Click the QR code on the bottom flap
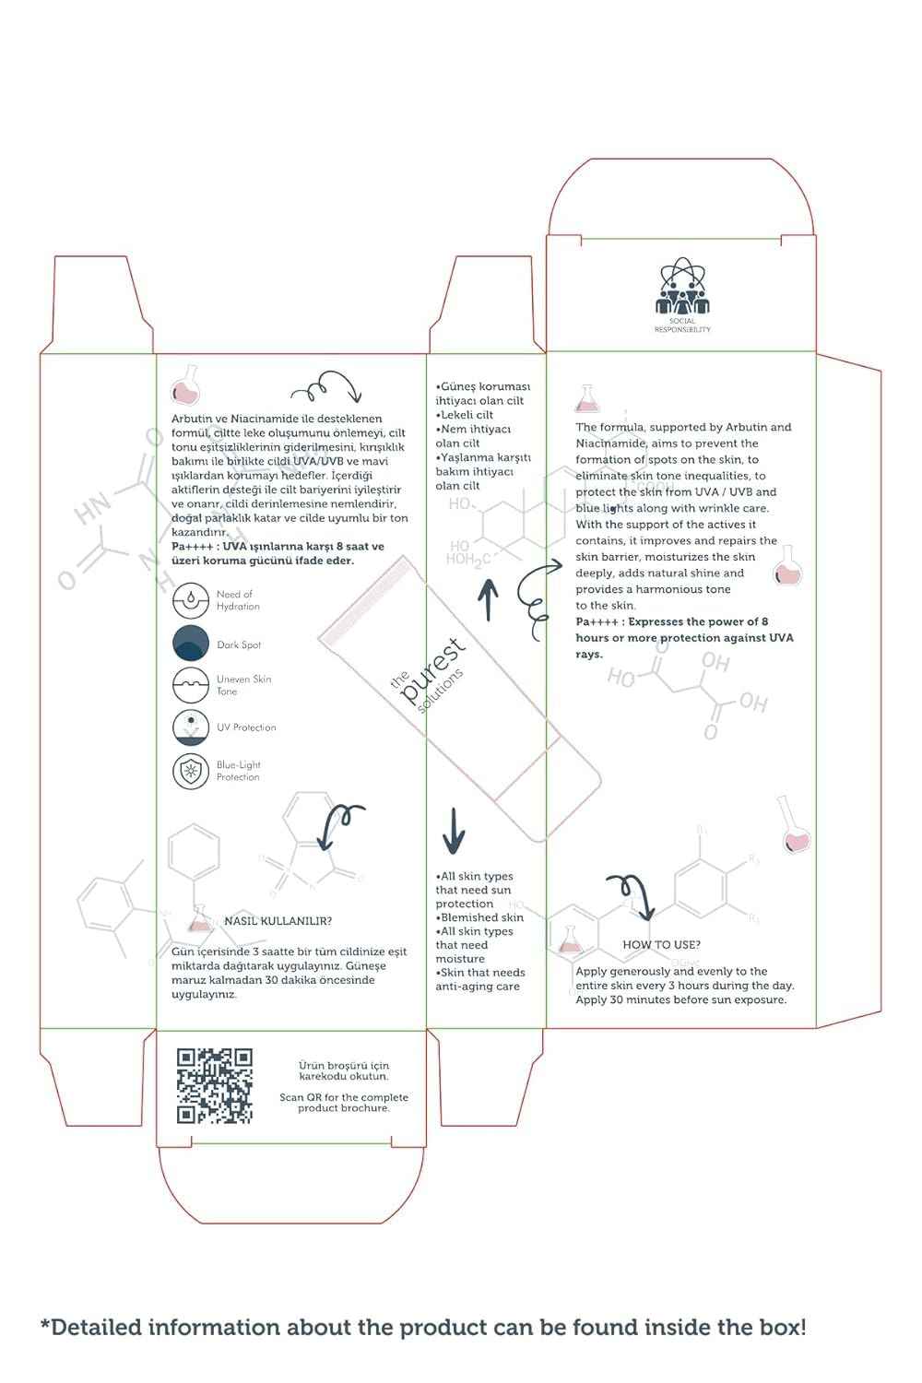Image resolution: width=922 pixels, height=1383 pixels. point(214,1086)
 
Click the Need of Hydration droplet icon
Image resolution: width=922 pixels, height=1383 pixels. point(191,600)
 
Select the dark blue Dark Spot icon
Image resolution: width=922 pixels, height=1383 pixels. point(191,643)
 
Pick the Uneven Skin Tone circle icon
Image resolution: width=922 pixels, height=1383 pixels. point(191,685)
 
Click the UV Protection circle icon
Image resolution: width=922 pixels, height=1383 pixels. point(191,727)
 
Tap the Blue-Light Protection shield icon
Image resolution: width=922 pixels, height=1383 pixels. point(191,771)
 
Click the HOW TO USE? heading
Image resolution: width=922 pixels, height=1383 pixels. point(661,944)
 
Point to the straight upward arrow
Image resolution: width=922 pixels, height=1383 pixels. point(488,599)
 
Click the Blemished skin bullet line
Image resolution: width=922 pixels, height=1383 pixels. point(481,917)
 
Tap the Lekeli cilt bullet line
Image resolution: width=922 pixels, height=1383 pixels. point(466,415)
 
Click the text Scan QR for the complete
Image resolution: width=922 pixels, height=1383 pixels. point(344,1097)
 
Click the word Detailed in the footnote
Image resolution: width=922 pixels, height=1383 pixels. point(98,1328)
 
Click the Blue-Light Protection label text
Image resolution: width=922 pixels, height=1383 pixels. point(238,771)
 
